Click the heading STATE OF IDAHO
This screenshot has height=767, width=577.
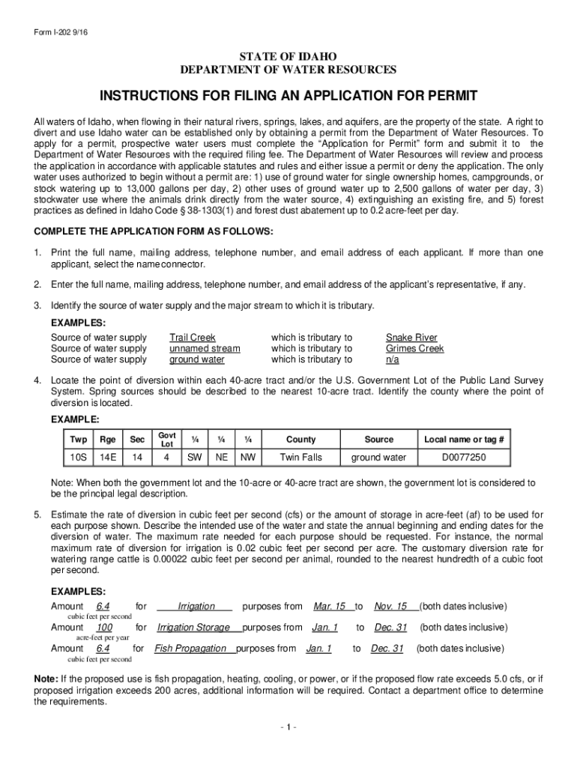tap(288, 58)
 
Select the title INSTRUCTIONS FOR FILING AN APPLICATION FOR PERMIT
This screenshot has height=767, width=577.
tap(288, 97)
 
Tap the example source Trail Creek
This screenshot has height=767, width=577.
tap(192, 338)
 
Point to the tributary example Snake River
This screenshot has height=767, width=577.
tap(411, 338)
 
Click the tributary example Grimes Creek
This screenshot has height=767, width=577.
tap(414, 348)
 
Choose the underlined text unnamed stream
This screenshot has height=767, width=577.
tap(205, 348)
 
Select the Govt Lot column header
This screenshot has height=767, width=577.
tap(167, 440)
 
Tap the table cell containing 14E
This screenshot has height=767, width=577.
tap(108, 457)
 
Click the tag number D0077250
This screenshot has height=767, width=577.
tap(463, 457)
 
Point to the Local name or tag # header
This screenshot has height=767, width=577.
tap(464, 440)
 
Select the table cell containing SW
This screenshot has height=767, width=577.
tap(194, 457)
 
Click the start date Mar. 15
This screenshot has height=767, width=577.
tap(329, 606)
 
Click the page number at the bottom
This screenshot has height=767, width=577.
tap(288, 727)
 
